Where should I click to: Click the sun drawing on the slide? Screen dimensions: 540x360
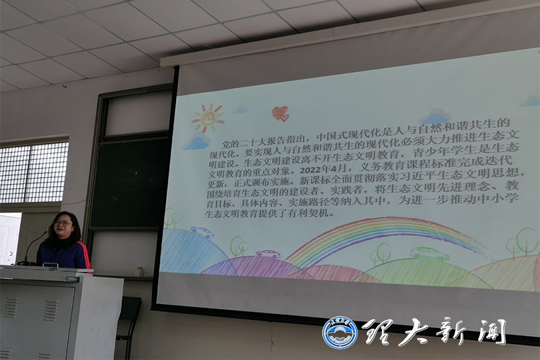click(207, 118)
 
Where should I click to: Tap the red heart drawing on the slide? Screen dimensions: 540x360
click(280, 113)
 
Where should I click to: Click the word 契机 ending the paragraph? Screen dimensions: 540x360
click(319, 213)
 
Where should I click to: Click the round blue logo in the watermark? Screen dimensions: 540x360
click(340, 333)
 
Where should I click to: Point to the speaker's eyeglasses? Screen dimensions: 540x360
click(64, 223)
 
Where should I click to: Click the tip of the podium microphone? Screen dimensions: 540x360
click(45, 233)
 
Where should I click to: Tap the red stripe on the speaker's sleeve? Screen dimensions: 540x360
click(85, 255)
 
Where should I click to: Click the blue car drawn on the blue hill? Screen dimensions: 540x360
click(202, 232)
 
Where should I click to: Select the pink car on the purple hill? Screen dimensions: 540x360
click(267, 254)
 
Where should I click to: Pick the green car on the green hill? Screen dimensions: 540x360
click(429, 254)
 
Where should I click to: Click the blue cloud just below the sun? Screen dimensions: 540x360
click(195, 141)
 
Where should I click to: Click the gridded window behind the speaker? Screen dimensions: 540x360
click(33, 172)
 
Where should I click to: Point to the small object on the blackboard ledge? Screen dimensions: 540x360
click(140, 271)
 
